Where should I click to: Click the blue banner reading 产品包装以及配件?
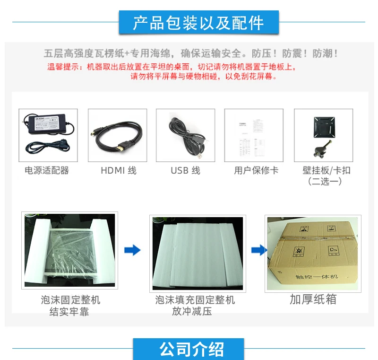pyautogui.click(x=198, y=22)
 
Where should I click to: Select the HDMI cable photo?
pyautogui.click(x=117, y=135)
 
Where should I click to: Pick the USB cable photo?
pyautogui.click(x=186, y=135)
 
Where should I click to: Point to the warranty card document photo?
pyautogui.click(x=254, y=135)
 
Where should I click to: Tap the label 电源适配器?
pyautogui.click(x=47, y=170)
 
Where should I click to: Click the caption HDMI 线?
pyautogui.click(x=118, y=170)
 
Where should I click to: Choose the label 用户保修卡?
pyautogui.click(x=256, y=170)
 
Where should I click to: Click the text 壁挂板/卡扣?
pyautogui.click(x=326, y=170)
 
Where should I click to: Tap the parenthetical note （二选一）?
pyautogui.click(x=325, y=181)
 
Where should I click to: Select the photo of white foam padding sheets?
pyautogui.click(x=198, y=253)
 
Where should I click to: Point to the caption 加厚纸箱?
pyautogui.click(x=313, y=299)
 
